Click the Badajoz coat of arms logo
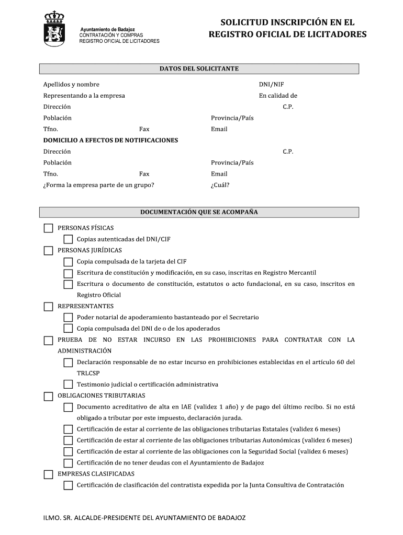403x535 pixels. [x=54, y=30]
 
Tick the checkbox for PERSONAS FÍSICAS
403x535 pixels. [x=48, y=228]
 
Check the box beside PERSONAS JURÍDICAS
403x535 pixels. [x=48, y=251]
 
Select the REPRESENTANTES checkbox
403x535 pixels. [x=48, y=307]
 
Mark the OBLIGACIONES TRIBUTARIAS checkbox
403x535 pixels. [x=48, y=396]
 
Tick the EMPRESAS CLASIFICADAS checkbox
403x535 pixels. [x=48, y=474]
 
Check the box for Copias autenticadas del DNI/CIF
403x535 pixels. [x=68, y=239]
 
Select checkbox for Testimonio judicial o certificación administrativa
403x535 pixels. [x=68, y=385]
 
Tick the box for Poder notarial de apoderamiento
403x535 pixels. [x=68, y=318]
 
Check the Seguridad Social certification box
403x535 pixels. [x=68, y=452]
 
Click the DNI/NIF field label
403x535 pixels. [x=271, y=85]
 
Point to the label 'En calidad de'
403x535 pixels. [x=278, y=96]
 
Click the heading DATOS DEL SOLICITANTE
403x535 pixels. [x=199, y=69]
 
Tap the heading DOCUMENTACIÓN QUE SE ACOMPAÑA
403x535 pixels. [x=199, y=213]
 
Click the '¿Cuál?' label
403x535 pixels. [x=220, y=185]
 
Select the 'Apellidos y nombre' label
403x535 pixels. [x=71, y=85]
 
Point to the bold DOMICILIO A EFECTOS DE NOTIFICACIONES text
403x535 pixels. [x=110, y=141]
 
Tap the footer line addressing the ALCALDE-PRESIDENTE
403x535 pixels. [x=144, y=518]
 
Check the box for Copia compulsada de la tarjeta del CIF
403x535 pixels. [x=68, y=262]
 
